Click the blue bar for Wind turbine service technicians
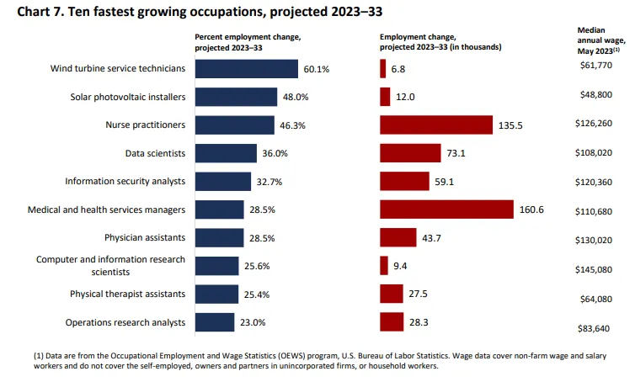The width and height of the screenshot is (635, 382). coord(247,69)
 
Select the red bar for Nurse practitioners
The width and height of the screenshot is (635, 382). coord(436,125)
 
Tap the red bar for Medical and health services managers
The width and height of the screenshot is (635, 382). coord(446,210)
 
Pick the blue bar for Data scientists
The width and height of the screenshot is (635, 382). coord(226,153)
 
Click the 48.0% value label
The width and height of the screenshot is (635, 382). coord(296,98)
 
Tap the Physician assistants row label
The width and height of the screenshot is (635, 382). coord(145,238)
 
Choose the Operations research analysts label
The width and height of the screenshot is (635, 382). coord(125,322)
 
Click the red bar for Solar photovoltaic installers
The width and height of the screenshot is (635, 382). coord(385,97)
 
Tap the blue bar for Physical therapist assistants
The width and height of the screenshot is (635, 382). coord(216,294)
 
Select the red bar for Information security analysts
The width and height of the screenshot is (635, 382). coord(405,181)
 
